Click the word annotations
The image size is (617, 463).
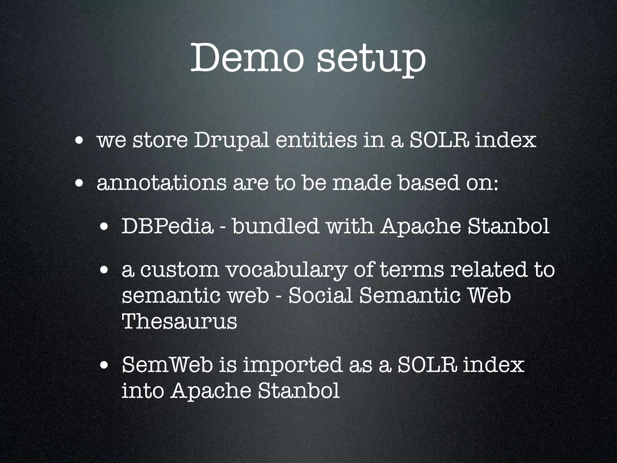(x=161, y=184)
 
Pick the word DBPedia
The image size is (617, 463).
(x=167, y=227)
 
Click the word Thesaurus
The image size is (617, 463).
(x=179, y=322)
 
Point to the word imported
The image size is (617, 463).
(x=292, y=366)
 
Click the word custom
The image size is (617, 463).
(x=180, y=270)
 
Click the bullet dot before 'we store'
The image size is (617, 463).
(x=80, y=140)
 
